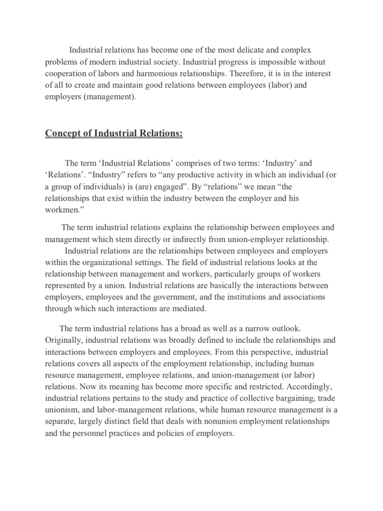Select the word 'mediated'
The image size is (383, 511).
click(x=188, y=308)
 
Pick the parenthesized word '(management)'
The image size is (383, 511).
click(x=110, y=97)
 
